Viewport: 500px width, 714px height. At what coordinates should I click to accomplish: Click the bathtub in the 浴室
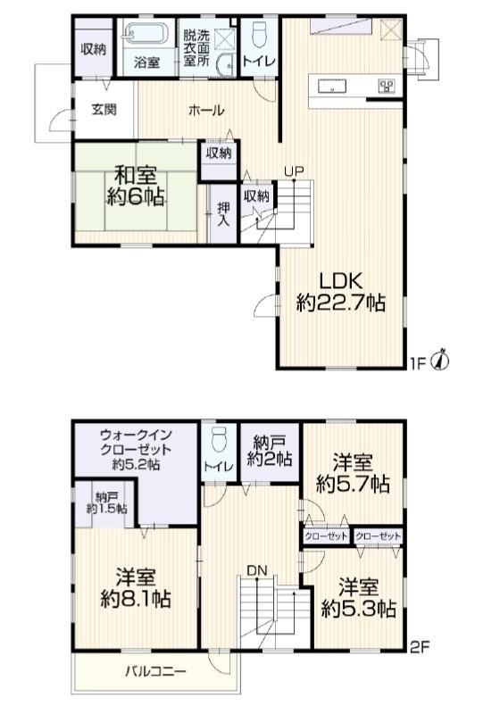[146, 33]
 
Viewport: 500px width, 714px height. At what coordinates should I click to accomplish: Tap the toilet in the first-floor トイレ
[259, 33]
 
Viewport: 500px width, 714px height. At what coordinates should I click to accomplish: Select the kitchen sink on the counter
[332, 86]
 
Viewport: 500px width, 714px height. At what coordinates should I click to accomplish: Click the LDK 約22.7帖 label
[340, 292]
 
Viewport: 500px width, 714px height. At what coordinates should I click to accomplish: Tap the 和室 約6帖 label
[135, 186]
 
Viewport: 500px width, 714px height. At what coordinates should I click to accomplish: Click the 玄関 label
[104, 110]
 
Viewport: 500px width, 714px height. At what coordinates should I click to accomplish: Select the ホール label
[206, 110]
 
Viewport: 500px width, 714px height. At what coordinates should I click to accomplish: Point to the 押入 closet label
[223, 214]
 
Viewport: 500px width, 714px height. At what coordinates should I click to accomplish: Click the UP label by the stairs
[294, 171]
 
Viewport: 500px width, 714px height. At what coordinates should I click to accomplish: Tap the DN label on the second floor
[257, 570]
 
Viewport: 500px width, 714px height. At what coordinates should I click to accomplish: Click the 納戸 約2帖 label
[270, 451]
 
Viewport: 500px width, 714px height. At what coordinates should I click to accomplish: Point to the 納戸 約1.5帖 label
[106, 502]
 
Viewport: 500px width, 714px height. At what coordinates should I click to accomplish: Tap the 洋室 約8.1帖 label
[136, 588]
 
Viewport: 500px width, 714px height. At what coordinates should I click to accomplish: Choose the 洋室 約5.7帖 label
[353, 474]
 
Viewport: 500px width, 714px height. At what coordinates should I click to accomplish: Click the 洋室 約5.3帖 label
[358, 598]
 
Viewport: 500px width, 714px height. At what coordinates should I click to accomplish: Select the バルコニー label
[156, 672]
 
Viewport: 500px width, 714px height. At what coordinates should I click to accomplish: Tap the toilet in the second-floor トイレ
[219, 440]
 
